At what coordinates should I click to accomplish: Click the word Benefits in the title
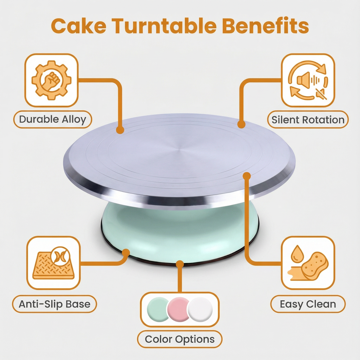[x=265, y=25]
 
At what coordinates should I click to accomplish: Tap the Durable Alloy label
[x=52, y=119]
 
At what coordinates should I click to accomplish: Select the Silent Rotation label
[x=308, y=120]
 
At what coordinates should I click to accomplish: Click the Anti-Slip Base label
[x=54, y=304]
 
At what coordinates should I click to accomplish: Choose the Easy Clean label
[x=308, y=304]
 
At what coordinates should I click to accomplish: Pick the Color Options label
[x=180, y=339]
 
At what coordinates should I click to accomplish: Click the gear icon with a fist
[x=51, y=80]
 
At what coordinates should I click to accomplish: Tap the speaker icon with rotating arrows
[x=308, y=80]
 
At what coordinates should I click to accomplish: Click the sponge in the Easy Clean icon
[x=315, y=266]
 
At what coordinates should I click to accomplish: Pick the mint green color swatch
[x=157, y=309]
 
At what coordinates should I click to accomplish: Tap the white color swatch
[x=200, y=309]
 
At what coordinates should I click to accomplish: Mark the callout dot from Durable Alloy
[x=120, y=130]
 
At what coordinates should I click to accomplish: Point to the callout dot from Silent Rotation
[x=241, y=124]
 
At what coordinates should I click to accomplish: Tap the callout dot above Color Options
[x=180, y=264]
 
